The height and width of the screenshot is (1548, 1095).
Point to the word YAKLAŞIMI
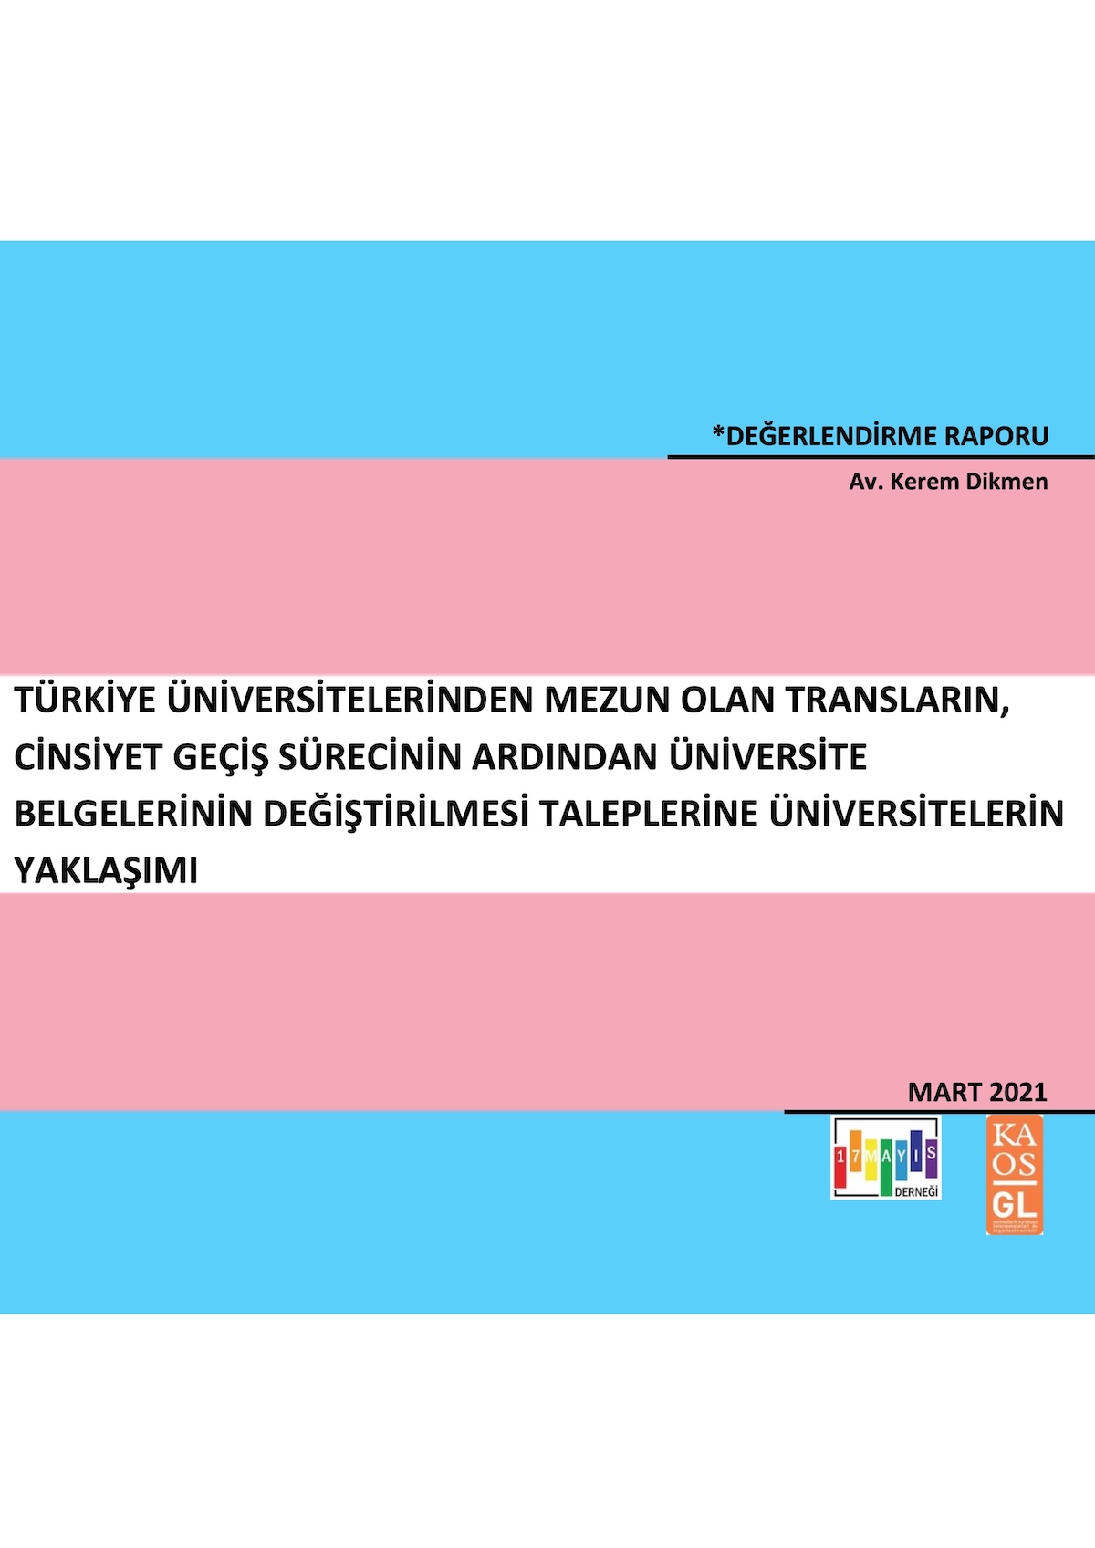[x=106, y=871]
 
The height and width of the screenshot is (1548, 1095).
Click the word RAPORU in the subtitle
[x=996, y=436]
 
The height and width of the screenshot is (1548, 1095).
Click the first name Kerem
[x=923, y=482]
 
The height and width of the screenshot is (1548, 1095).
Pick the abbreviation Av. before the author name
[x=865, y=482]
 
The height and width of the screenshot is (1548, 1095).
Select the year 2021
[x=1017, y=1092]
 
